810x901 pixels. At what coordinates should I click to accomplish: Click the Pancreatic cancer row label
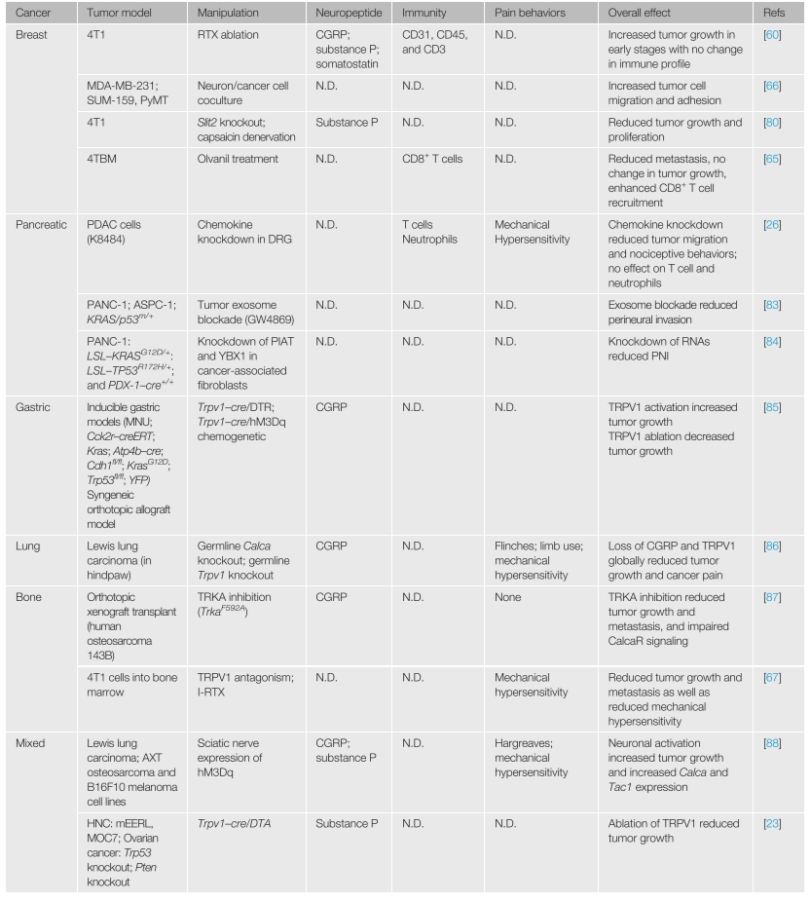(42, 224)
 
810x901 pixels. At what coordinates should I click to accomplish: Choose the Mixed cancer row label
(31, 743)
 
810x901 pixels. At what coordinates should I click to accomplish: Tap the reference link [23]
(772, 823)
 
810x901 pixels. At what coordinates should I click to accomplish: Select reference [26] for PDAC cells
(772, 224)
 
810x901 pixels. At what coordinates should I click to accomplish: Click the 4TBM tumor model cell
(103, 159)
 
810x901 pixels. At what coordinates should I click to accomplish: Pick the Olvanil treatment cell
(238, 159)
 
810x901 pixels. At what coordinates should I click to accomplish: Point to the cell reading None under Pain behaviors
(507, 597)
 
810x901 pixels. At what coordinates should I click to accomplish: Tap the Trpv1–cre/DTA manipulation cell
(240, 823)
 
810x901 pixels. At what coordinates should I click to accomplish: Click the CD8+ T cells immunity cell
(432, 159)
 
